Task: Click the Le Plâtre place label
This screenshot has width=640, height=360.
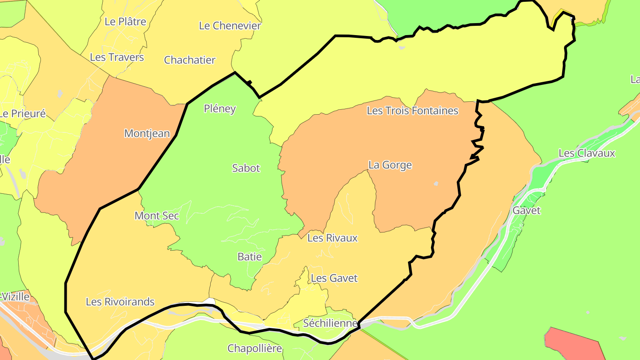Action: pyautogui.click(x=125, y=21)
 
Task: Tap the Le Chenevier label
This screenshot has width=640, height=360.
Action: pyautogui.click(x=230, y=26)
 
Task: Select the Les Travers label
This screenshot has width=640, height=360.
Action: pyautogui.click(x=117, y=57)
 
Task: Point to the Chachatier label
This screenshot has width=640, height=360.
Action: pyautogui.click(x=190, y=60)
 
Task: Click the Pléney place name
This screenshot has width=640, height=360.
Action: pyautogui.click(x=220, y=109)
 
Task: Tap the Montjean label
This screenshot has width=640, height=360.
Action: pyautogui.click(x=147, y=133)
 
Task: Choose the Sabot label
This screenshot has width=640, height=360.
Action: pyautogui.click(x=246, y=168)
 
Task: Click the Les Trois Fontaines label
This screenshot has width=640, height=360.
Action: pyautogui.click(x=412, y=111)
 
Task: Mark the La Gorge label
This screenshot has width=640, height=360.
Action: pyautogui.click(x=390, y=165)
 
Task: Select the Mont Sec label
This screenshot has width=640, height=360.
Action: pyautogui.click(x=156, y=216)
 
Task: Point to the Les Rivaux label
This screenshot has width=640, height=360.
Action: pyautogui.click(x=332, y=238)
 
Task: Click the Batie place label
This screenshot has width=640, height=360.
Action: pyautogui.click(x=249, y=257)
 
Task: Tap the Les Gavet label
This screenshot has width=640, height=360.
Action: pyautogui.click(x=334, y=279)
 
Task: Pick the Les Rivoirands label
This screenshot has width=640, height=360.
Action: pyautogui.click(x=120, y=302)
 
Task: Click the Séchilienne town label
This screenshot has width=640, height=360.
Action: pyautogui.click(x=330, y=324)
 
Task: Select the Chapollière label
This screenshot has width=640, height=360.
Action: pyautogui.click(x=255, y=348)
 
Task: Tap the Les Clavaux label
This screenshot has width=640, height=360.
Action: pyautogui.click(x=587, y=153)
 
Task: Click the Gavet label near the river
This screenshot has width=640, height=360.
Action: pyautogui.click(x=526, y=211)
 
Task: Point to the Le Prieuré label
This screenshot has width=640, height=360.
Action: pyautogui.click(x=23, y=114)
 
